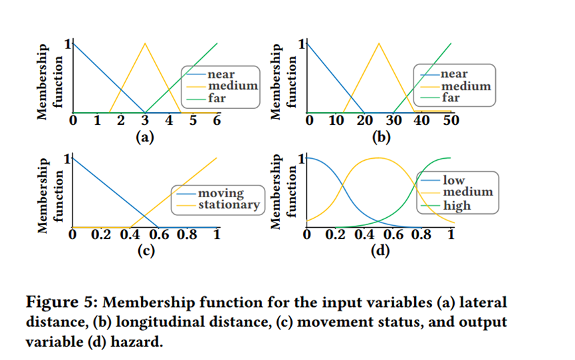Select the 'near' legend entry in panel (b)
pyautogui.click(x=454, y=74)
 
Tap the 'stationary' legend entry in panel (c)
pyautogui.click(x=228, y=205)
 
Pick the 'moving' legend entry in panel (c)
pyautogui.click(x=221, y=193)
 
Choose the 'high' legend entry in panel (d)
pyautogui.click(x=457, y=205)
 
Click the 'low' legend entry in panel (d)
pyautogui.click(x=454, y=180)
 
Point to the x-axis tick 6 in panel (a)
pyautogui.click(x=217, y=122)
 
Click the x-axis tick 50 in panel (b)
pyautogui.click(x=451, y=122)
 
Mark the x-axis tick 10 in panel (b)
pyautogui.click(x=337, y=122)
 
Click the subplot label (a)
pyautogui.click(x=144, y=137)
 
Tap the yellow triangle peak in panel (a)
pyautogui.click(x=145, y=43)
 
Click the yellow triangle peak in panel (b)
pyautogui.click(x=379, y=43)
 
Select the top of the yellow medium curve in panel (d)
pyautogui.click(x=378, y=158)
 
